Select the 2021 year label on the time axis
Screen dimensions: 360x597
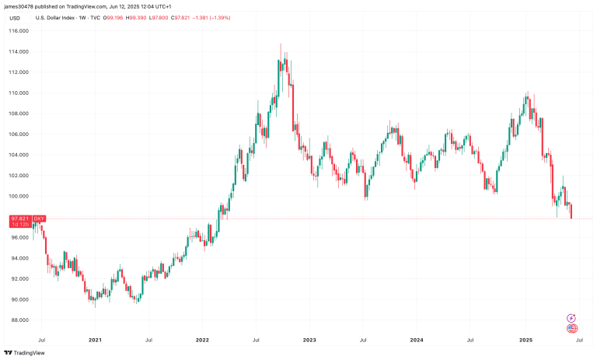(x=96, y=340)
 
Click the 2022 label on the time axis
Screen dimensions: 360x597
(x=202, y=340)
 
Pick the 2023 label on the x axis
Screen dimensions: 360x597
(x=309, y=340)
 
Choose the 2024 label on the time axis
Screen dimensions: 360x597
(x=417, y=340)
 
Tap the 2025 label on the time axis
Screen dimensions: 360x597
(x=525, y=340)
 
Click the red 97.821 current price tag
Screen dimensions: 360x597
(x=19, y=219)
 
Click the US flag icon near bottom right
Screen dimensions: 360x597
(x=572, y=328)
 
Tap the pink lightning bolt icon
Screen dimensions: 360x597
(x=572, y=317)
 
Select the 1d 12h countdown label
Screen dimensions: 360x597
(x=19, y=225)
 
